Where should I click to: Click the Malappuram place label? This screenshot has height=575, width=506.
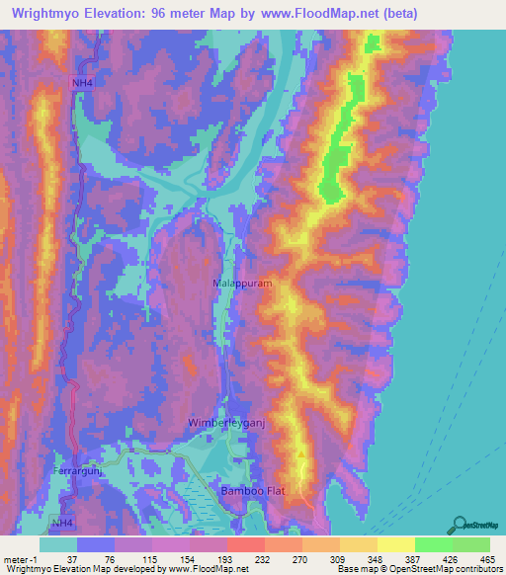242,283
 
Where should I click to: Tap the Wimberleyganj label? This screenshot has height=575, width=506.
227,423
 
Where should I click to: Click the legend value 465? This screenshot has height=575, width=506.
488,560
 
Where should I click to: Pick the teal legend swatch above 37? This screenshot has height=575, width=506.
58,544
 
